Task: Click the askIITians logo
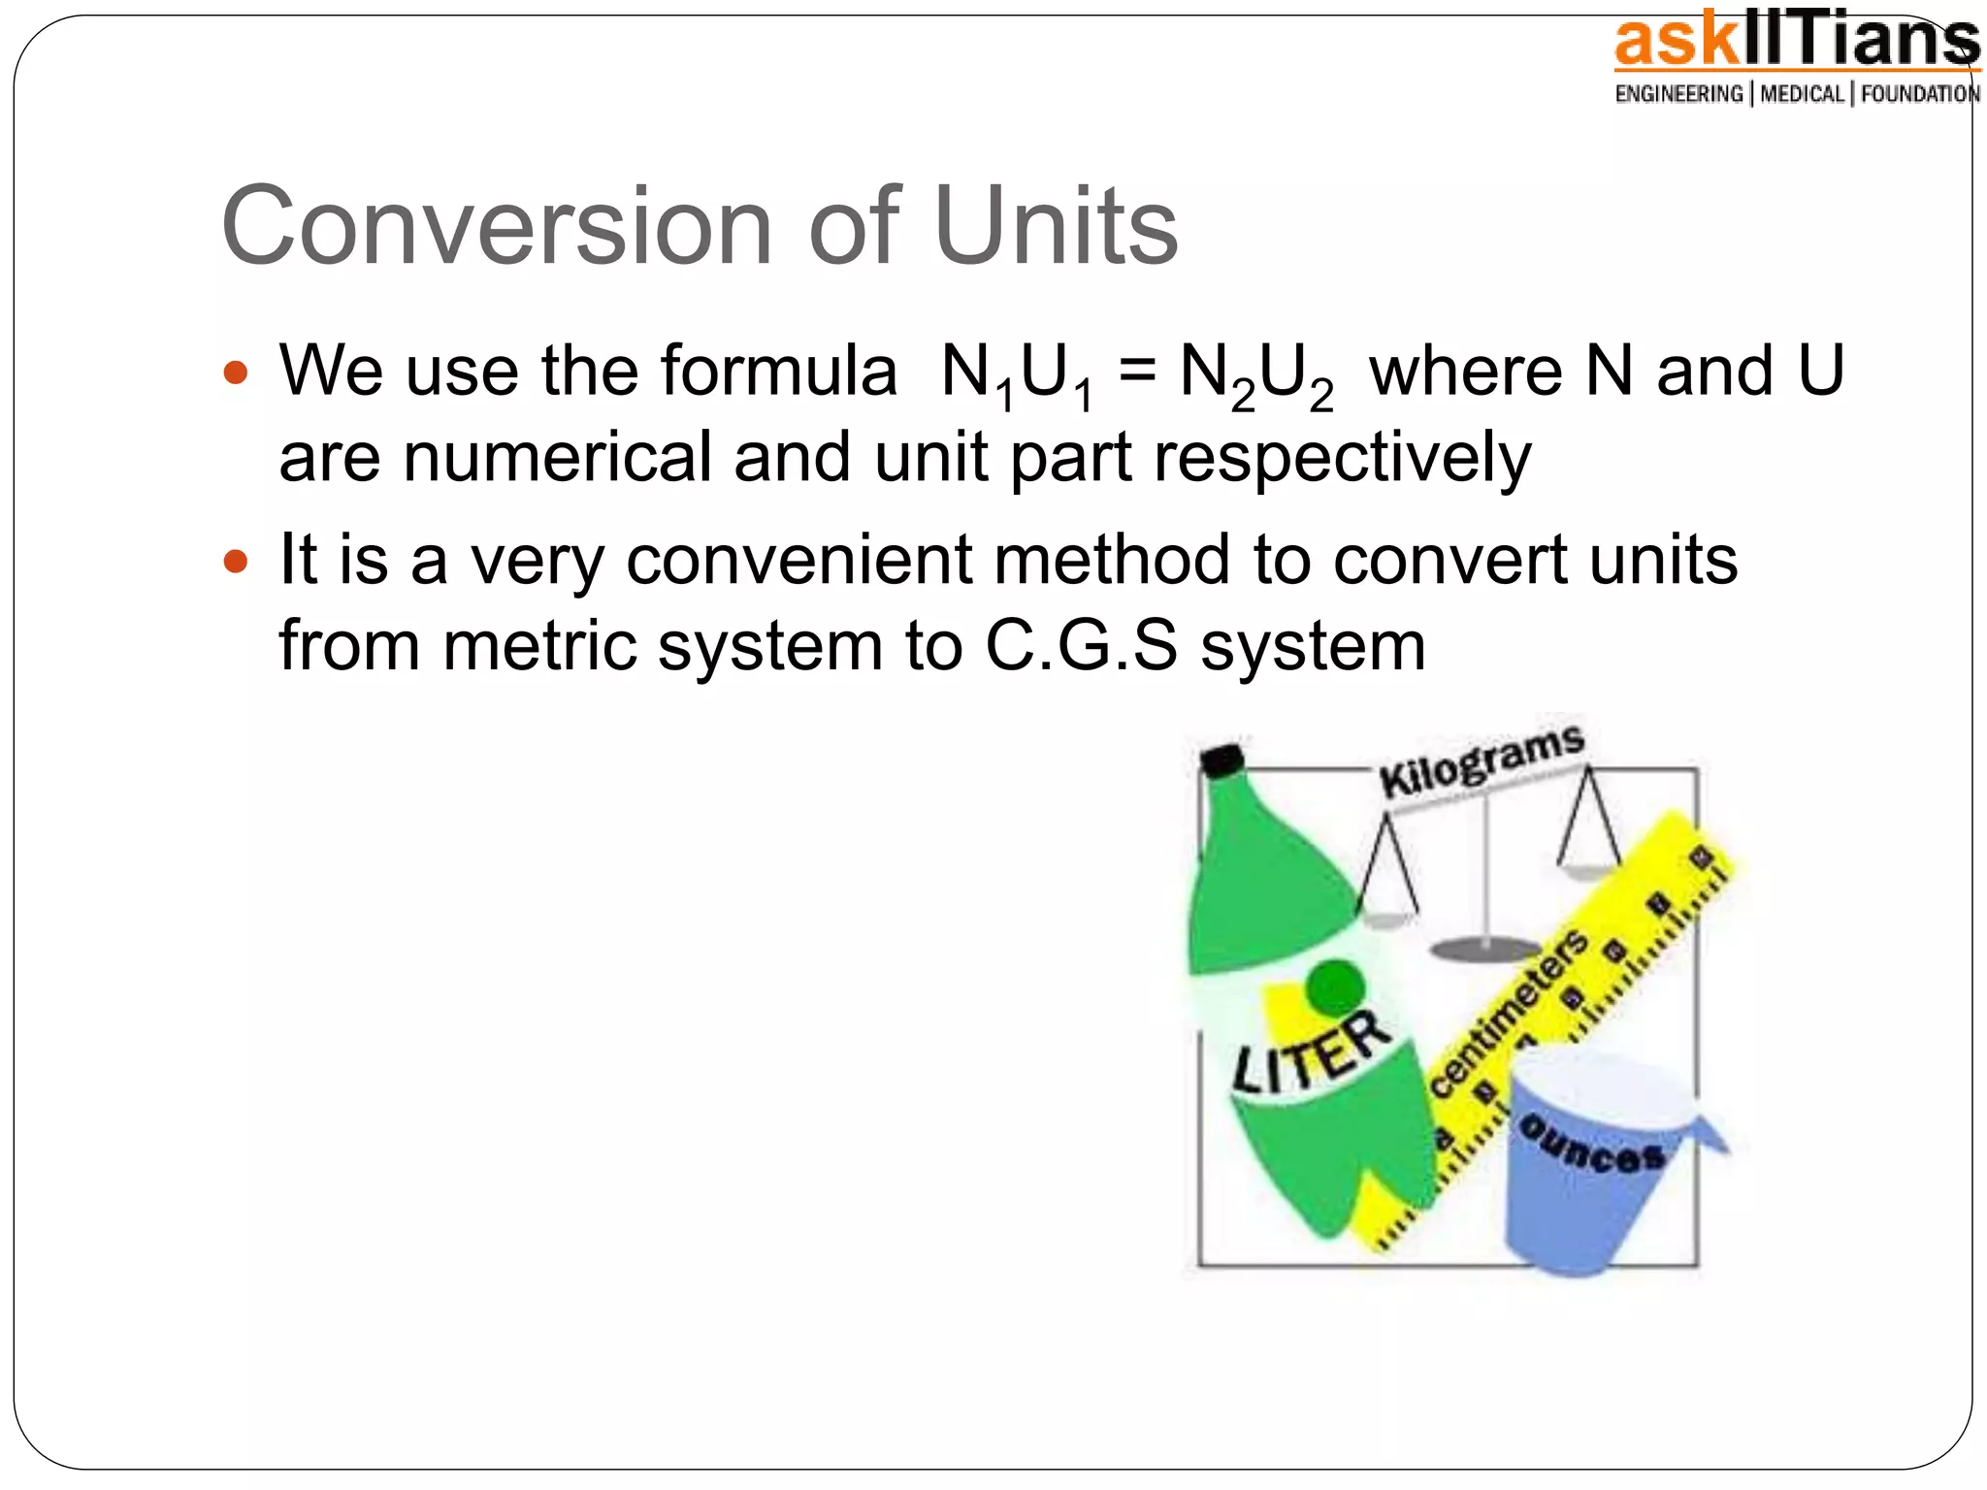coord(1796,44)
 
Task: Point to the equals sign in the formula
coord(1137,372)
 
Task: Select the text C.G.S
coord(1081,646)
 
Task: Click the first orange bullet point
coord(236,372)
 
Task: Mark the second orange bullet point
coord(236,561)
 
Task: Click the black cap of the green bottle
coord(1222,761)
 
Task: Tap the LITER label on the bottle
coord(1310,1052)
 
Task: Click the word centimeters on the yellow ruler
coord(1510,1015)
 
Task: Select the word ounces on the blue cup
coord(1592,1146)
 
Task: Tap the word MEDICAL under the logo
coord(1802,94)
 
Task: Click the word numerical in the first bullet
coord(557,458)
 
